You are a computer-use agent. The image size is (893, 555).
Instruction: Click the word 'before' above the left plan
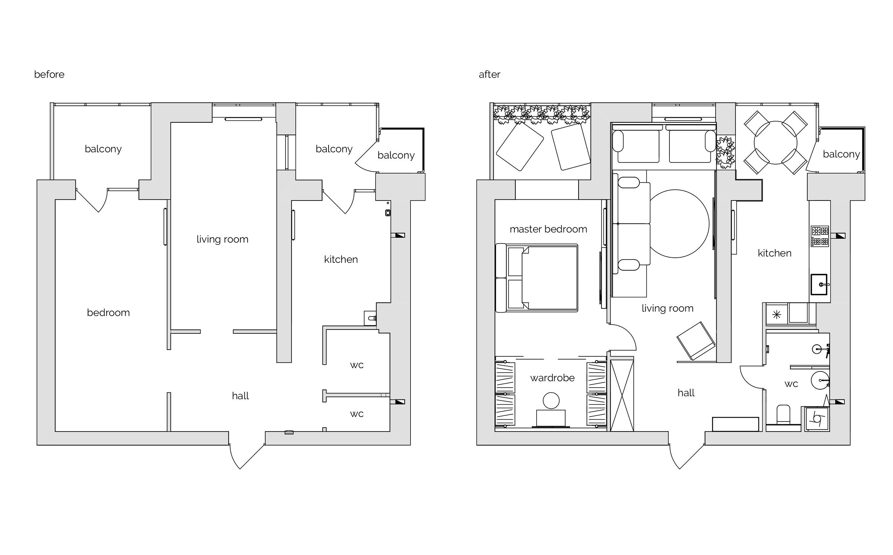(x=49, y=74)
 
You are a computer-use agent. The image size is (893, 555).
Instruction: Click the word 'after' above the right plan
(x=489, y=74)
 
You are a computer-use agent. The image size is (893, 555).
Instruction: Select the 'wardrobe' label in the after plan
(x=552, y=378)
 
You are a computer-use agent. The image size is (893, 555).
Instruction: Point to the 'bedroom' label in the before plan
(x=108, y=313)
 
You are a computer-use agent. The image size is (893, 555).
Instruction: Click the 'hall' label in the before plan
(x=240, y=396)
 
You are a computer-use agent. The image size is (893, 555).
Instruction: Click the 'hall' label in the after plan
(x=686, y=393)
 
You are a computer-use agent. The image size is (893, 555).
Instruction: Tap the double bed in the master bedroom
(x=537, y=278)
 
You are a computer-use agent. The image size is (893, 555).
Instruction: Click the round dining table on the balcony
(x=775, y=142)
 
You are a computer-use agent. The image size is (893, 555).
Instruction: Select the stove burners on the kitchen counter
(x=820, y=236)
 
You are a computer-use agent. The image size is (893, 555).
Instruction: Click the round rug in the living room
(x=675, y=224)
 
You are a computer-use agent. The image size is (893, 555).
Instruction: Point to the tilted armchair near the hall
(x=695, y=341)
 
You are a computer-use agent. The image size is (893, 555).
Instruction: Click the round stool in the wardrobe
(x=551, y=401)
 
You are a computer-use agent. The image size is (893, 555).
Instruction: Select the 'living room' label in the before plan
(x=222, y=239)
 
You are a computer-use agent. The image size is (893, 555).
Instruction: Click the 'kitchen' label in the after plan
(x=774, y=253)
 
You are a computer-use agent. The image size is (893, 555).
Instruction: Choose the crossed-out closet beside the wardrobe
(x=622, y=395)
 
